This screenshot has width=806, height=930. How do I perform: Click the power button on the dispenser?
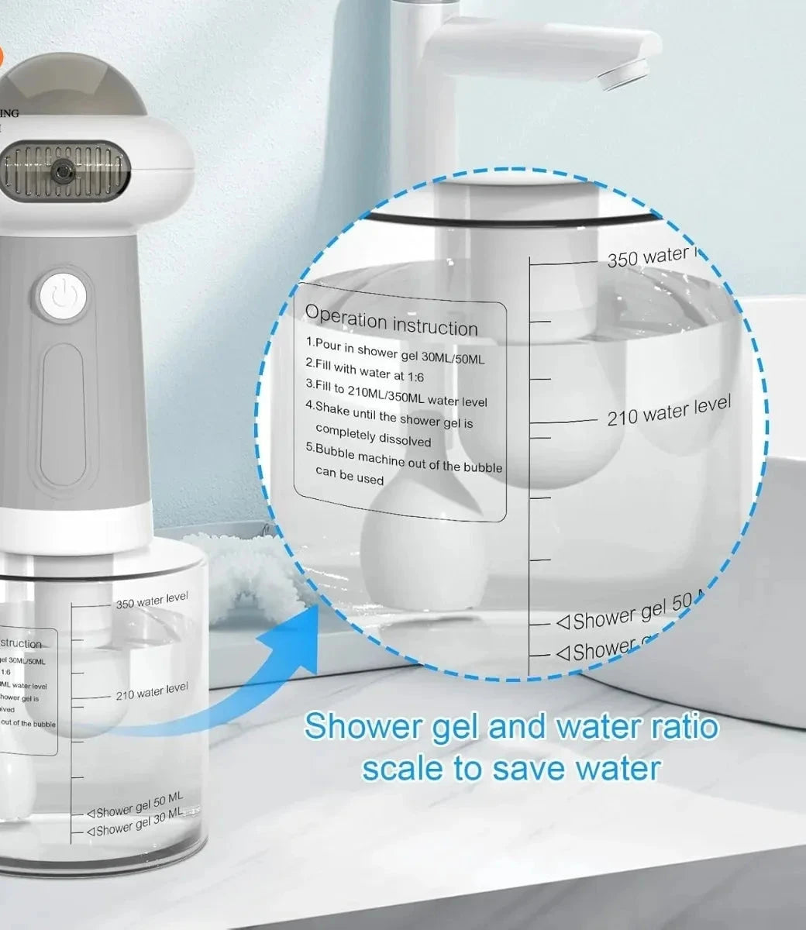61,296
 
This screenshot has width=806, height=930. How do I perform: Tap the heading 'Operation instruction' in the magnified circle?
391,320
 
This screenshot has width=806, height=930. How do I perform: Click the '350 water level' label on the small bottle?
152,601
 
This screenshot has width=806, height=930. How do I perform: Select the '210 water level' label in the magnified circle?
668,411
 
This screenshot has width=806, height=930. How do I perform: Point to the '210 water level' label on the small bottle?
152,691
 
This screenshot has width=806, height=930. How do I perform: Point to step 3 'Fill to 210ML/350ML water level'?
396,393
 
